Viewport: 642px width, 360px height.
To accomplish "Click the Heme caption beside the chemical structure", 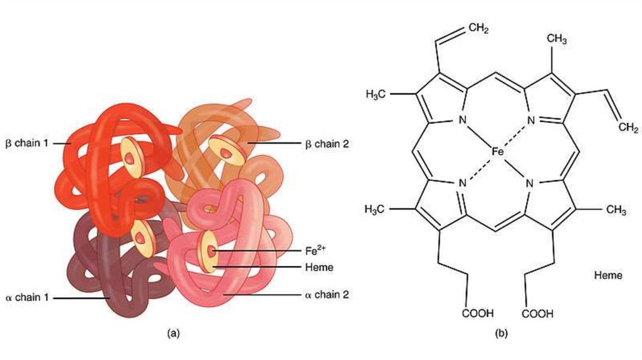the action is click(x=608, y=275).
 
